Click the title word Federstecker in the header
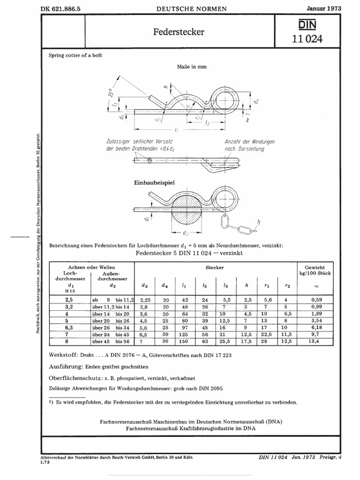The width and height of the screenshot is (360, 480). coord(179,32)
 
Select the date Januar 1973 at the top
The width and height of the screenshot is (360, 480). coord(324,8)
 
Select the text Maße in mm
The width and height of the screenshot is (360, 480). coord(192,67)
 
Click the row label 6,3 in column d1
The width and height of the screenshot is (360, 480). coord(69,328)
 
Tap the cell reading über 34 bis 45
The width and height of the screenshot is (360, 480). coord(113,335)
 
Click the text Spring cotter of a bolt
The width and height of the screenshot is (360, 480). coord(75,55)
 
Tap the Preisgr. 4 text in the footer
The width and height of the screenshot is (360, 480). coord(331,457)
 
